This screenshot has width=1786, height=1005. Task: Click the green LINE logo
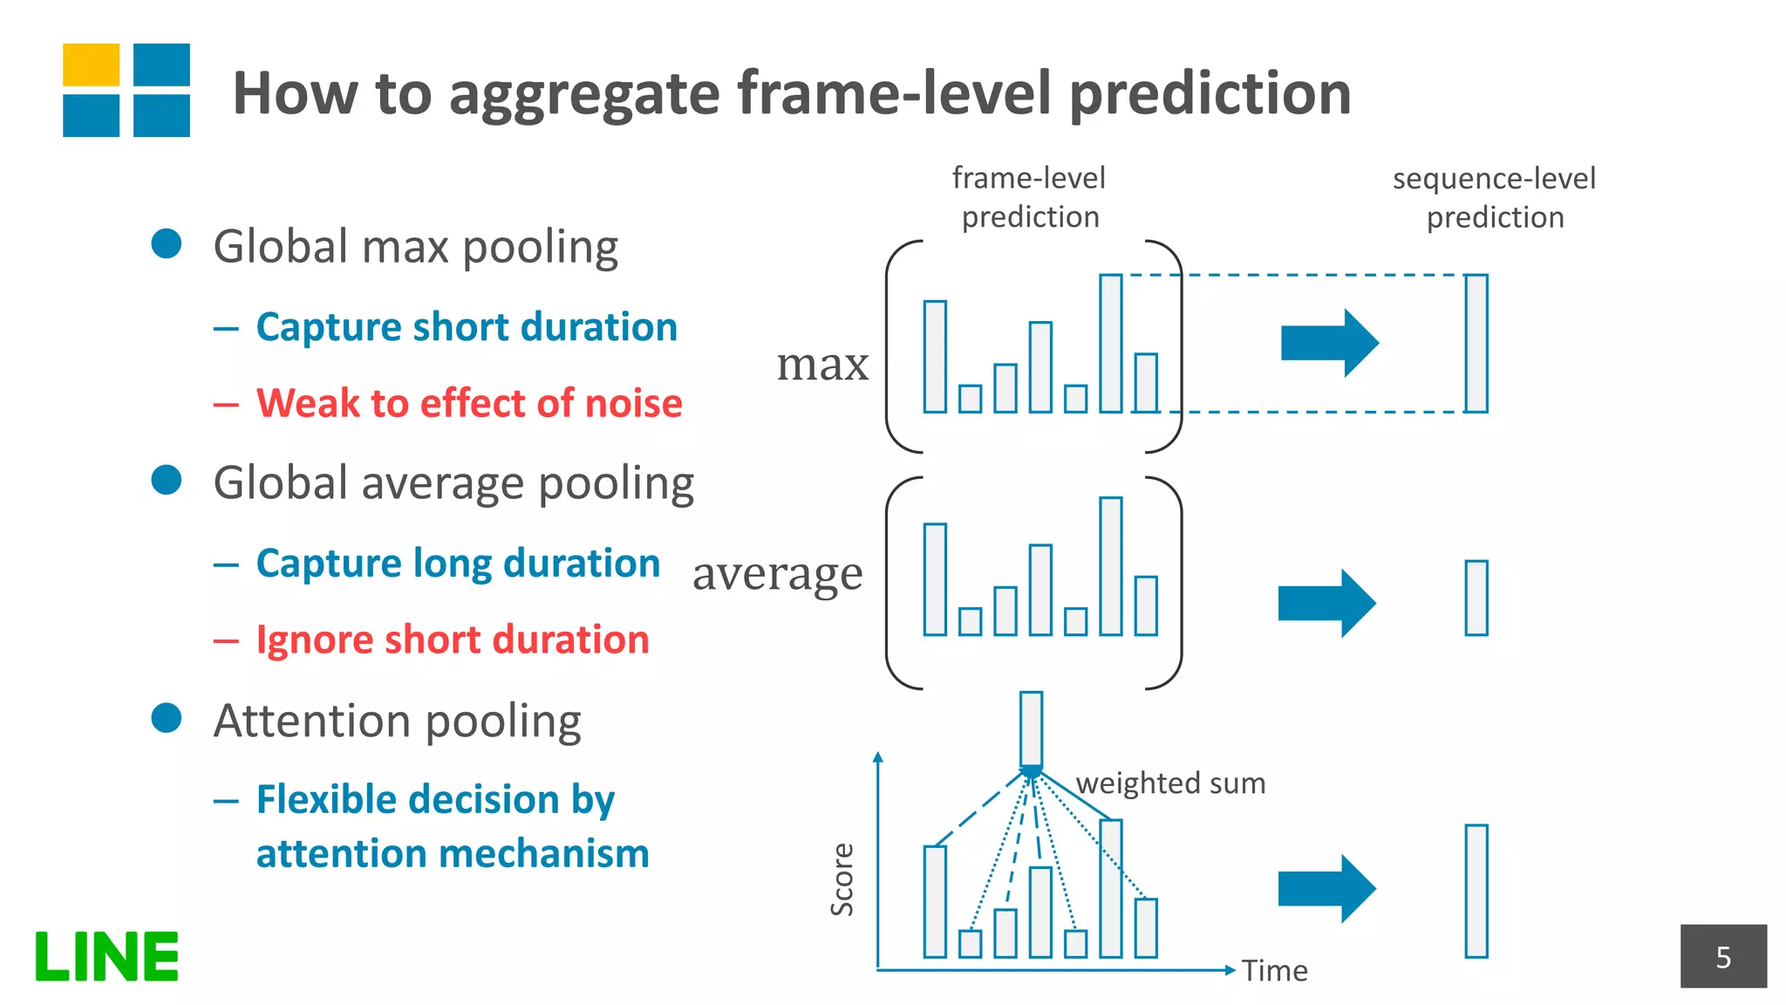[x=106, y=956]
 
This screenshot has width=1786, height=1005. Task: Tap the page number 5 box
[x=1723, y=956]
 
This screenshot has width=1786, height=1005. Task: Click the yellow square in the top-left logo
[x=91, y=65]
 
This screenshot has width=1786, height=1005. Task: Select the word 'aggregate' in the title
[x=584, y=94]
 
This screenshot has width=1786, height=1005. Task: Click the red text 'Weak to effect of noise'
[x=468, y=403]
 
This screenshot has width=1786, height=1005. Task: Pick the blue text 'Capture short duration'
[x=467, y=327]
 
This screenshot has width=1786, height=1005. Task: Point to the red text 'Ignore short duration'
[x=453, y=639]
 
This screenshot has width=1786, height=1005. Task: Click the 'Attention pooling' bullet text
[x=398, y=721]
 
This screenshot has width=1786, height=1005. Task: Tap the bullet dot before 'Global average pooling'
[x=166, y=479]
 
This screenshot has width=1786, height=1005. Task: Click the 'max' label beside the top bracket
[x=822, y=364]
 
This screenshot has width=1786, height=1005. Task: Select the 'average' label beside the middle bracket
[x=777, y=574]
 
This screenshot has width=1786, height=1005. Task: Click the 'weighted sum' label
[x=1170, y=783]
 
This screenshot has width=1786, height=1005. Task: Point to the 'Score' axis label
[x=842, y=879]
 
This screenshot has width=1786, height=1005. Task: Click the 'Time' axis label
[x=1274, y=970]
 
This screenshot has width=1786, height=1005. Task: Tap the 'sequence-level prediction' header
[x=1494, y=197]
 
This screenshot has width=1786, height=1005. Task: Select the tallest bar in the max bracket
[x=1110, y=343]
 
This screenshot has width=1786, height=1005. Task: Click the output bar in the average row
[x=1476, y=598]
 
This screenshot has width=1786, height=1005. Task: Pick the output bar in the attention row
[x=1476, y=891]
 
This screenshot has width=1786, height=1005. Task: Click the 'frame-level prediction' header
[x=1029, y=197]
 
